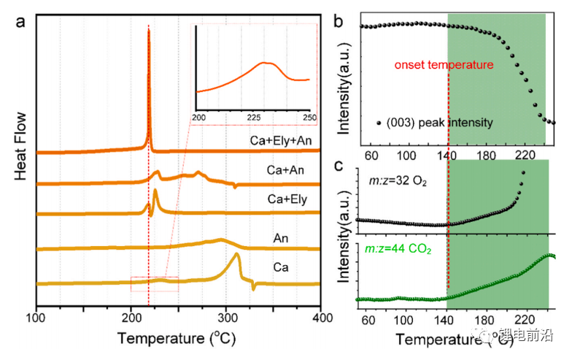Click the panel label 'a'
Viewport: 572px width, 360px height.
[22, 21]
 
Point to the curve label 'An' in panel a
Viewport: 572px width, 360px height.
[281, 237]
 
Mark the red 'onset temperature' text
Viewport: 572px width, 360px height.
[444, 65]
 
